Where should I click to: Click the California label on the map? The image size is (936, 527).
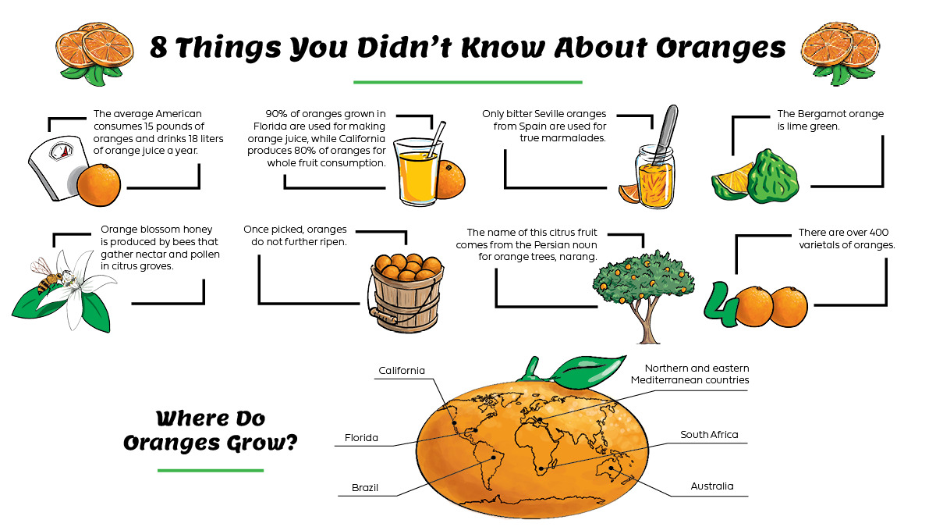pyautogui.click(x=402, y=370)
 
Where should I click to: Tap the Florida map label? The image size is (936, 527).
pyautogui.click(x=361, y=438)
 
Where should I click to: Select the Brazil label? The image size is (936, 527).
pyautogui.click(x=364, y=488)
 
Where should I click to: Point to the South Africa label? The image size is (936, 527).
pyautogui.click(x=708, y=435)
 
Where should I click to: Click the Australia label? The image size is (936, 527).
pyautogui.click(x=711, y=486)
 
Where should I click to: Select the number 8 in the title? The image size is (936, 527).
pyautogui.click(x=161, y=48)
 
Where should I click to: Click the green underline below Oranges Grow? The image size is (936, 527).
pyautogui.click(x=210, y=471)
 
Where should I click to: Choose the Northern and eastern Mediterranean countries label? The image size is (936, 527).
pyautogui.click(x=690, y=374)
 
